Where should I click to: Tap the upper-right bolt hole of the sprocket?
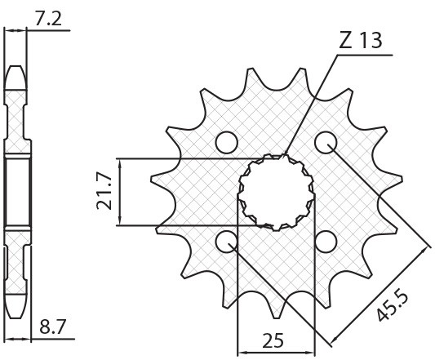pos(326,143)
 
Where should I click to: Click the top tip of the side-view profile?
pos(16,67)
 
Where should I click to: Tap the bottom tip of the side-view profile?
pos(16,315)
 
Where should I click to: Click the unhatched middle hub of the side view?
pos(16,191)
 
